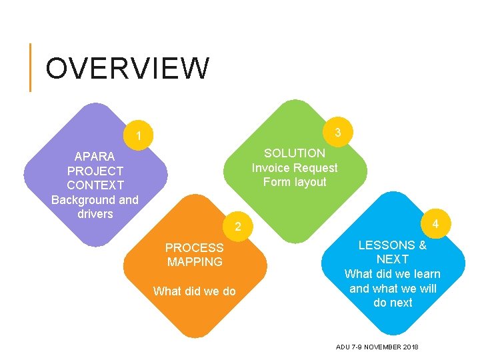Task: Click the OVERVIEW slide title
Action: [x=127, y=68]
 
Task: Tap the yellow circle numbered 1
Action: [x=138, y=137]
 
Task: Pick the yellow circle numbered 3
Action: [x=338, y=132]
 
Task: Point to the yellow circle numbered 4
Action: [x=435, y=223]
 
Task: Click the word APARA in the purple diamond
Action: [x=95, y=157]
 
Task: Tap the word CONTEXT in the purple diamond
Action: [x=95, y=185]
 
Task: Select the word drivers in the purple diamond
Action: [x=95, y=214]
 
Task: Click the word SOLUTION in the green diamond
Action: [x=295, y=153]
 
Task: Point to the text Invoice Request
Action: [x=295, y=168]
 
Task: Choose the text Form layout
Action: [x=295, y=182]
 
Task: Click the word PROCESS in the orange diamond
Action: [x=195, y=247]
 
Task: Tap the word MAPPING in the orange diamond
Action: [x=195, y=262]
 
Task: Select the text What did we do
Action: [x=194, y=291]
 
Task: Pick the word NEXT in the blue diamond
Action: [x=393, y=259]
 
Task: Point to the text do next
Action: [x=393, y=303]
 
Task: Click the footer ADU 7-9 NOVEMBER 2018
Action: [x=377, y=347]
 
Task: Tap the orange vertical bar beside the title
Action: [x=31, y=67]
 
